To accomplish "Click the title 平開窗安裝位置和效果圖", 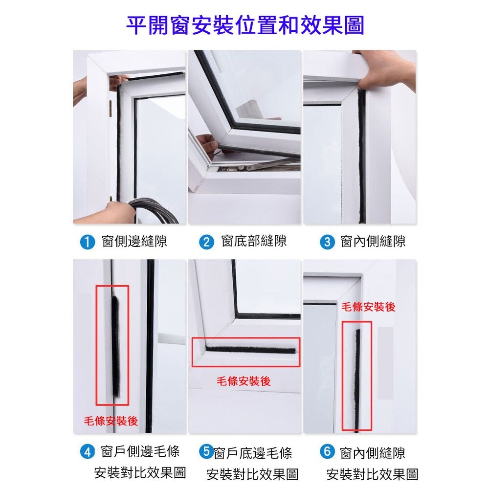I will (x=245, y=25).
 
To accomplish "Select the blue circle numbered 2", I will (x=206, y=242).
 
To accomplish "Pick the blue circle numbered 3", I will (x=327, y=242).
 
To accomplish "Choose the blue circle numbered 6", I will (x=327, y=451).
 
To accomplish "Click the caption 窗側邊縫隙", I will (x=134, y=242).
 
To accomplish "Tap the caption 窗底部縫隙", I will (x=254, y=242).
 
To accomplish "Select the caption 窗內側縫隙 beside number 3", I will (x=373, y=242).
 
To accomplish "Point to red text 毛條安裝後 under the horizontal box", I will (x=244, y=381).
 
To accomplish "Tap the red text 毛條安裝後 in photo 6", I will (x=368, y=307).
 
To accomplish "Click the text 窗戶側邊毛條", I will (x=140, y=451).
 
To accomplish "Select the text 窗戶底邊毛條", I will (x=253, y=453).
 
